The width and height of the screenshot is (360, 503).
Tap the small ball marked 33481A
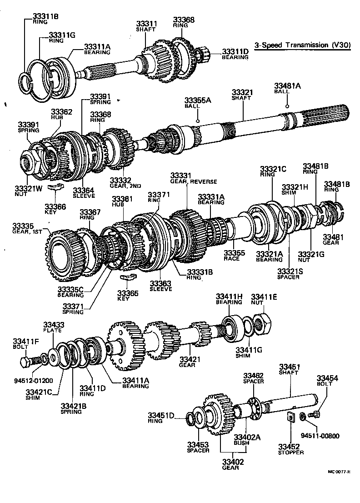287,106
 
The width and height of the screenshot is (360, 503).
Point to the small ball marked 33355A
198,121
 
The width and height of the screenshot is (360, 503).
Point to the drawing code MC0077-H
339,471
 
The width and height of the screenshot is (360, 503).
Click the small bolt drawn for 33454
314,414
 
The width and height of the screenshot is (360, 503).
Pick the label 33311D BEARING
235,54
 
